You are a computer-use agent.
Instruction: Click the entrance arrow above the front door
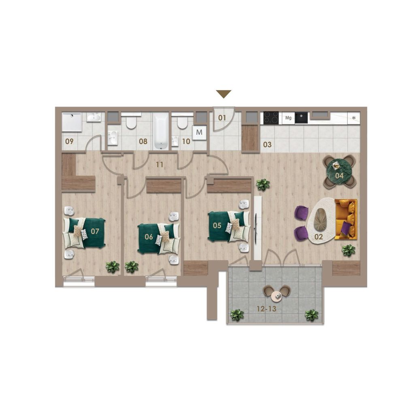coord(224,94)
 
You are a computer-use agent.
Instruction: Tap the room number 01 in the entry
coord(222,118)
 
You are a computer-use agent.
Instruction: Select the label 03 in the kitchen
coord(267,145)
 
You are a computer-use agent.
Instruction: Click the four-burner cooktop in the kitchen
coord(271,118)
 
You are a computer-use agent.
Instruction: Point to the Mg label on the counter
coord(288,118)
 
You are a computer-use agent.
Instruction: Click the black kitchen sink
coord(301,118)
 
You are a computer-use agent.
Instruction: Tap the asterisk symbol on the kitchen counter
coord(354,118)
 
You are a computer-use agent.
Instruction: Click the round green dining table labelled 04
coord(339,171)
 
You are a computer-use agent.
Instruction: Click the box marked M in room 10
coord(199,132)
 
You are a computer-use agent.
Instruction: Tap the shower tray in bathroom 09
coord(72,122)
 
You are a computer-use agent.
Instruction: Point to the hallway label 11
coord(160,164)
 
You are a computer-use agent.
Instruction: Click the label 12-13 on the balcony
coord(266,309)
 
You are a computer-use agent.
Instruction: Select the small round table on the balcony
coord(277,296)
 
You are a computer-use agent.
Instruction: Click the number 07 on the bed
coord(95,231)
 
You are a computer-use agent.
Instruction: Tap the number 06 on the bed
coord(149,237)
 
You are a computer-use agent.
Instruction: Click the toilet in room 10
coord(182,122)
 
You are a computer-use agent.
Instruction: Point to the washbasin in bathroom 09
coord(94,117)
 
